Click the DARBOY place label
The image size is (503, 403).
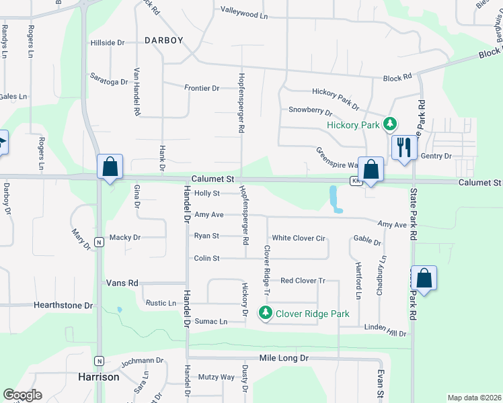[163, 40]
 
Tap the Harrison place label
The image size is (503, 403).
[98, 377]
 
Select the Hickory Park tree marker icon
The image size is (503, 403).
[389, 124]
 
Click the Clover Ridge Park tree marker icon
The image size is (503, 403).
[266, 313]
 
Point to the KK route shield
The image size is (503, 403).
[354, 181]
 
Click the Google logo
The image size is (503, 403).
[22, 395]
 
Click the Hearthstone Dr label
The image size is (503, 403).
[63, 305]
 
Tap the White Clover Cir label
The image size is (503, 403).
[298, 238]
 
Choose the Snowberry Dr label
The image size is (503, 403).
[310, 109]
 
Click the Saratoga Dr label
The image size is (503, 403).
[109, 82]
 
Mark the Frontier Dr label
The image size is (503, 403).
[202, 88]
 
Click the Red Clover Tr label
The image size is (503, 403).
[303, 281]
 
